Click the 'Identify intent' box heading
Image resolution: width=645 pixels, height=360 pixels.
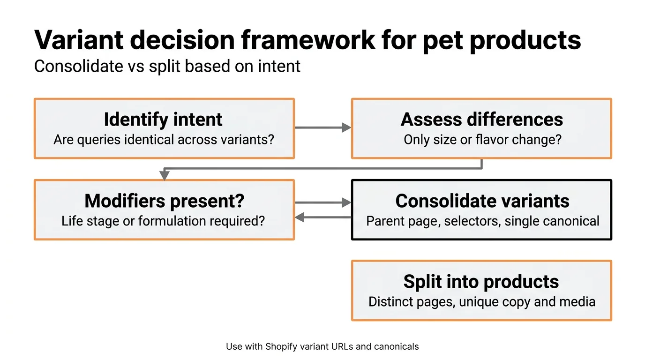click(x=163, y=119)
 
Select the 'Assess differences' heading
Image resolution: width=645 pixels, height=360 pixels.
click(x=481, y=119)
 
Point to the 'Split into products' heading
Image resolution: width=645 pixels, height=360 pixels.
click(x=481, y=282)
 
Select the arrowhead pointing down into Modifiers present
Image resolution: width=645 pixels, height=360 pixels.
click(x=164, y=176)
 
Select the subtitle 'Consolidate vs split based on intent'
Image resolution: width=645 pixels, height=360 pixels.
click(x=167, y=66)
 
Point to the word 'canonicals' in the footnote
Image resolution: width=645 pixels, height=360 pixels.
click(x=396, y=347)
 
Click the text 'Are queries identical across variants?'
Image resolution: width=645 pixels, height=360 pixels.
click(x=163, y=140)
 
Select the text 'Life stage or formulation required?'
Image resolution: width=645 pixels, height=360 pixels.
click(x=163, y=221)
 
